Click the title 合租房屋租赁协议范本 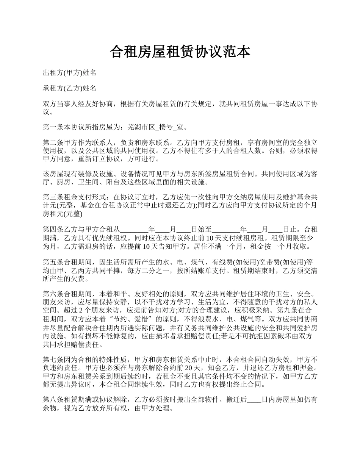180,52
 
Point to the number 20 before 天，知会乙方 221,367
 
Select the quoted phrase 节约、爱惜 131,318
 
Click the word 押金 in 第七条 309,367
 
